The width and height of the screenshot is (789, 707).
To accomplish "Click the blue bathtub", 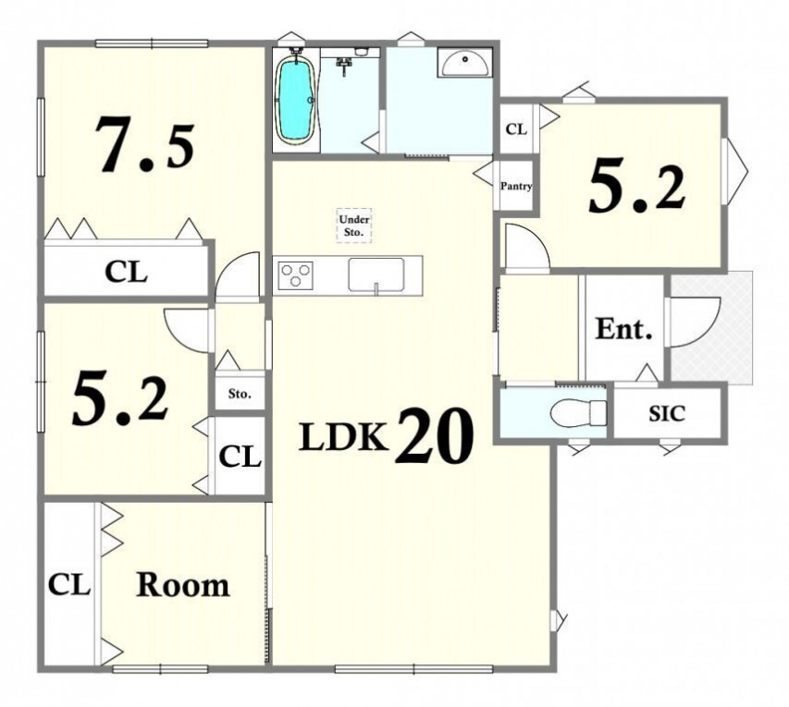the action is point(296,101).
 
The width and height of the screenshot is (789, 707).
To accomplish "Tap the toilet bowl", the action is point(579,413).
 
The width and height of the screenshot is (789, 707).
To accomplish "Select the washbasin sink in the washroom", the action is point(464,63).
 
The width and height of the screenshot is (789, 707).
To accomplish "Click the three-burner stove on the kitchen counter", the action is point(296,275).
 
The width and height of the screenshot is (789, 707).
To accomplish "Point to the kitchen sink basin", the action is point(376,274).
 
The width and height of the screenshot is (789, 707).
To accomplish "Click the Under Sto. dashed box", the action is point(354,226).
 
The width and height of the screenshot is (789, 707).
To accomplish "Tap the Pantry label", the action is point(516,186).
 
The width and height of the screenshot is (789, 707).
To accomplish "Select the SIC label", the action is point(667,413).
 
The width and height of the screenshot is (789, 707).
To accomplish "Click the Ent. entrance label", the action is point(623,329).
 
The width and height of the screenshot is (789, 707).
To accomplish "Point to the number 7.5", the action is point(145,144).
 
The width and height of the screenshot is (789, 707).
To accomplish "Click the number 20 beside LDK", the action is point(434,435).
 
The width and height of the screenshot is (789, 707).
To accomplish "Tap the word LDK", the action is point(344,437).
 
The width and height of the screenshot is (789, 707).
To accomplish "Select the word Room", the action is point(182,585).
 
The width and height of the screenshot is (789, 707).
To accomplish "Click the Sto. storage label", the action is point(240,393).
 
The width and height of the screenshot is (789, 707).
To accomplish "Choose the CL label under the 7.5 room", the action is point(126,272).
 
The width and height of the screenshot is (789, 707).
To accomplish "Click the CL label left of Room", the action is point(69,585).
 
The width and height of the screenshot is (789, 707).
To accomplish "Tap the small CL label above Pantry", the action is point(516,129).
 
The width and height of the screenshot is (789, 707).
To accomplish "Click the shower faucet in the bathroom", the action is point(345,65).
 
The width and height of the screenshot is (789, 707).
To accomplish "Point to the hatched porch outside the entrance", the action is point(711,328).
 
